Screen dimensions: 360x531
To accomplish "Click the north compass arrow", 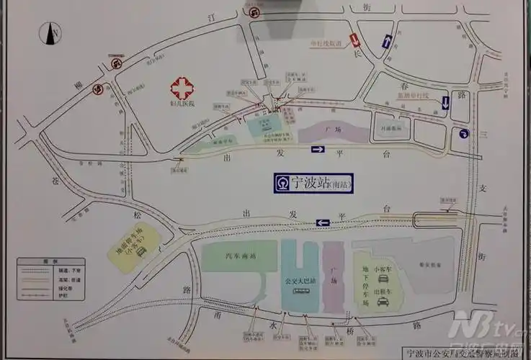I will (53, 32).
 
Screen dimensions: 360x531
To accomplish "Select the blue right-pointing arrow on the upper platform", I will (318, 150).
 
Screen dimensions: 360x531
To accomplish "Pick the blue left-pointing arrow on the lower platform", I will (323, 222).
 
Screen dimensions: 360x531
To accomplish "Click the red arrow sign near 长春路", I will (354, 40).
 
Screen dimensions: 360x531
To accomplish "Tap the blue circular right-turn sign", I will (459, 132).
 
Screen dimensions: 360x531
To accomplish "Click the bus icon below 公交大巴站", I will (298, 291).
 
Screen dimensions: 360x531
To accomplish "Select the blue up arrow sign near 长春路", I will (387, 42).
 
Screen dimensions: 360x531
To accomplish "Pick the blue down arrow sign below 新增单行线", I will (445, 102).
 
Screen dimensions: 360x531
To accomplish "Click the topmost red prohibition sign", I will (254, 10).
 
